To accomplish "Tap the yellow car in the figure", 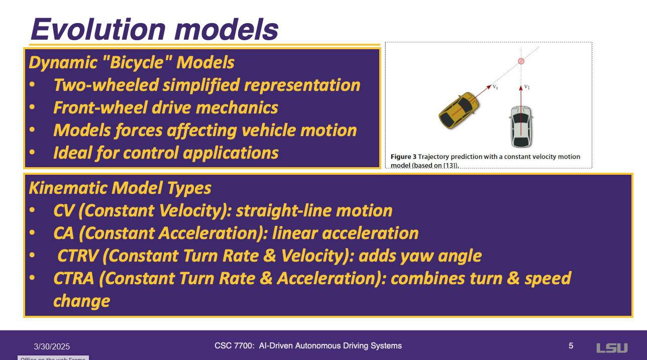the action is [459, 110].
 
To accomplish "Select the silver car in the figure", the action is [521, 127].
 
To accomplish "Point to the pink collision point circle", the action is [521, 61].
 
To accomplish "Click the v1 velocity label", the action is [527, 86].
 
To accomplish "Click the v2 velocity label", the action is [495, 86].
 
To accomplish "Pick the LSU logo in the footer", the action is [612, 348].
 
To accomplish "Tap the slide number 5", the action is [571, 346].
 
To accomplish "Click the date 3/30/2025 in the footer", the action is [52, 346].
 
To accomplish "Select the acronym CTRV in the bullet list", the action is [78, 256].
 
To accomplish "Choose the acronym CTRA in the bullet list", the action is [74, 278].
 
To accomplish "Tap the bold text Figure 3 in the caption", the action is [403, 157].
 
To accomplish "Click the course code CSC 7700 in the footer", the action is [234, 346].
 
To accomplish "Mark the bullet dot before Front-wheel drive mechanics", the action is [32, 107].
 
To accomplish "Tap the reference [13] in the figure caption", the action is [451, 166].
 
